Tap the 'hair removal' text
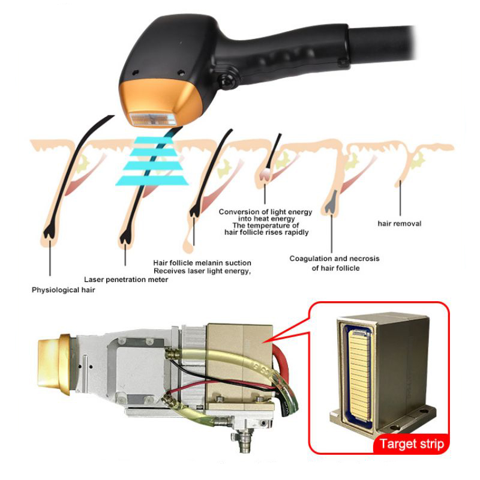coord(399,224)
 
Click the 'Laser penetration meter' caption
coord(126,279)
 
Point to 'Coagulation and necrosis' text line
coord(334,259)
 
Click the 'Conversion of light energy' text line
coord(266,212)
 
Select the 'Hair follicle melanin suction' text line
coord(202,263)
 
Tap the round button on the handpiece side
coord(227,80)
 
